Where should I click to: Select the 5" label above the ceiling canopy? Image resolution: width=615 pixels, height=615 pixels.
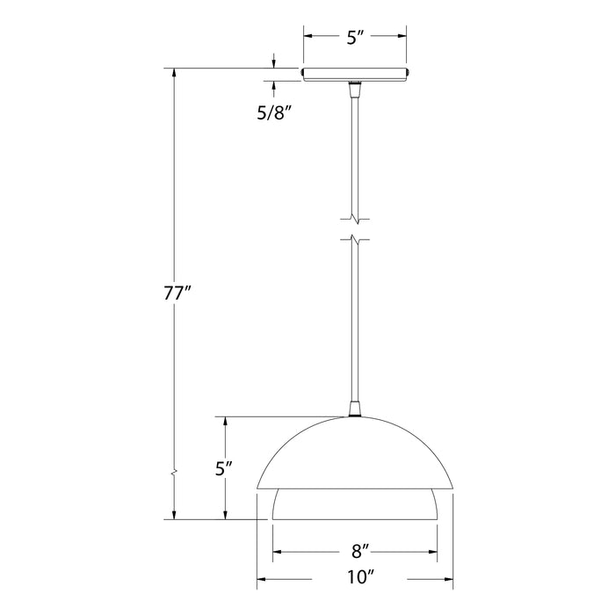[x=355, y=37]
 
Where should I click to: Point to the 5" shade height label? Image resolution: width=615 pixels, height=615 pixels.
[x=225, y=468]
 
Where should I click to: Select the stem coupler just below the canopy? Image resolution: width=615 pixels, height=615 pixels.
[x=355, y=90]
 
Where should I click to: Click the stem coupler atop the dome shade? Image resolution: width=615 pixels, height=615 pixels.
[x=355, y=408]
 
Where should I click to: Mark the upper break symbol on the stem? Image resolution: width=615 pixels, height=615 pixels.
[x=355, y=215]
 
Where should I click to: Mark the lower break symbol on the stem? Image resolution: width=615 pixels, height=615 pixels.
[x=355, y=239]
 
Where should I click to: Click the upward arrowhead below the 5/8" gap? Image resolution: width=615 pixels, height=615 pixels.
[x=275, y=85]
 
